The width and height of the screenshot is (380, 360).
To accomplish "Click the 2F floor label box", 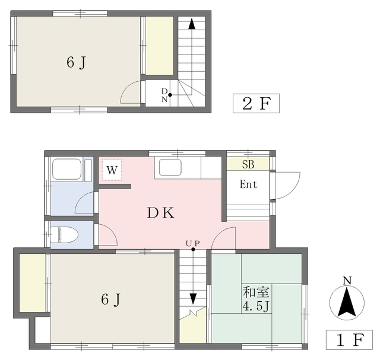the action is coord(256,103).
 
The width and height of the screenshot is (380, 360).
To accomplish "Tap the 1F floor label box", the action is coord(349,340).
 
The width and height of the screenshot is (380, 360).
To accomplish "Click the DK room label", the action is coord(160,213).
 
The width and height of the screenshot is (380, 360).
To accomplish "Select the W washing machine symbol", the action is coord(112,170).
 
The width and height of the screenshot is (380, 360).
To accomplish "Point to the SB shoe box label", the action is coord(248,164).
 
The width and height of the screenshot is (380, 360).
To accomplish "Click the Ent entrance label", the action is coord(248,184).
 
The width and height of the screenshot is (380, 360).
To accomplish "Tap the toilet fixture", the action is coord(65,235).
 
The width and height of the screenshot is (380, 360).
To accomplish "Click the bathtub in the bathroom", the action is coord(67,169).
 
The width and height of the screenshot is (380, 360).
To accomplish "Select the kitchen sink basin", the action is coord(170,167).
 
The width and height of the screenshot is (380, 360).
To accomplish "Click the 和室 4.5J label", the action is coord(256,300).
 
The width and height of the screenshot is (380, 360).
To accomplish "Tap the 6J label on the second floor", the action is coord(76,62).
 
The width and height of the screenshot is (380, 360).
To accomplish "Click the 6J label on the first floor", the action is coord(110,300).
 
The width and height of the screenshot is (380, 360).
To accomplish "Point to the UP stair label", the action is coord(192,243).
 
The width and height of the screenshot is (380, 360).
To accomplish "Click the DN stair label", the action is coord(164,95).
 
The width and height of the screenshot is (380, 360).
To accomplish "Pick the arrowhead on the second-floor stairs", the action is coord(192,24).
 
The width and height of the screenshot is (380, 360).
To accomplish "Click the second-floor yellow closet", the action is coord(160,46).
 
